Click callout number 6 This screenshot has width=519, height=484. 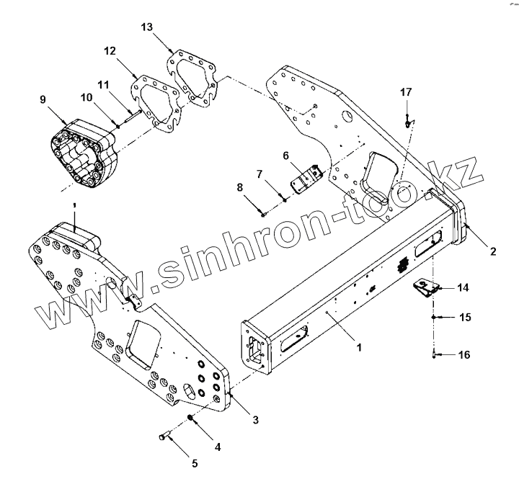(x=285, y=155)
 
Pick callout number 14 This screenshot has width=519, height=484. (x=463, y=288)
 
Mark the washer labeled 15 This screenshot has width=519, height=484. (x=432, y=317)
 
